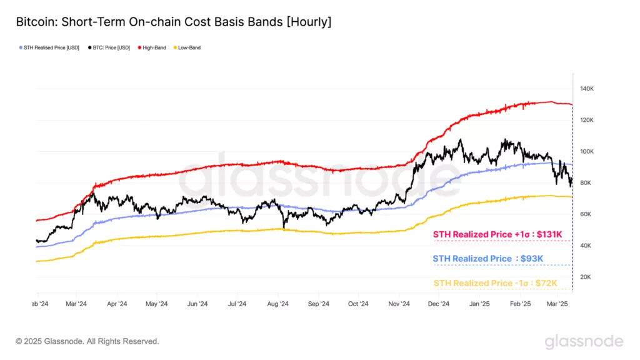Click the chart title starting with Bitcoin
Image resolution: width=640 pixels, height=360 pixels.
tap(174, 22)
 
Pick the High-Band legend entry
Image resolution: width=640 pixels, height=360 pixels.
tap(152, 47)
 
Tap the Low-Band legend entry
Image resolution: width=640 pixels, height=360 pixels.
tap(188, 47)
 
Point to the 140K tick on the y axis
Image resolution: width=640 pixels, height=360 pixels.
tap(587, 89)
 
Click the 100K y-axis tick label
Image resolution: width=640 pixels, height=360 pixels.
tap(587, 152)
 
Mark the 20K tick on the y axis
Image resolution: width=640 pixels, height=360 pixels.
tap(586, 277)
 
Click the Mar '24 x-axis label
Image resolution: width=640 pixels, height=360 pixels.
tap(76, 304)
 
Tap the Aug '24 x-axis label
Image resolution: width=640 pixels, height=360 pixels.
tap(277, 304)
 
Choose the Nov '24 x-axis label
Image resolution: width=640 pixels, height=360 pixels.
tap(399, 304)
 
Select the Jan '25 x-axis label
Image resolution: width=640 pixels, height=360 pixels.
tap(479, 304)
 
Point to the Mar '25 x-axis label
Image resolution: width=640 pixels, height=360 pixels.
tap(557, 304)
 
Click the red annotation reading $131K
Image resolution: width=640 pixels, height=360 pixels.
tap(494, 234)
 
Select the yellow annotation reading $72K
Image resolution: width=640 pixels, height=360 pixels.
tap(494, 283)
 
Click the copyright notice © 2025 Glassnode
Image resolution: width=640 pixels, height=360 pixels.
tap(87, 341)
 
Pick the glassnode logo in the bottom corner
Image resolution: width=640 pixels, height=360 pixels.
tap(584, 341)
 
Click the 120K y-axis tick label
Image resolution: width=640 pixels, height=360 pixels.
tap(587, 120)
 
